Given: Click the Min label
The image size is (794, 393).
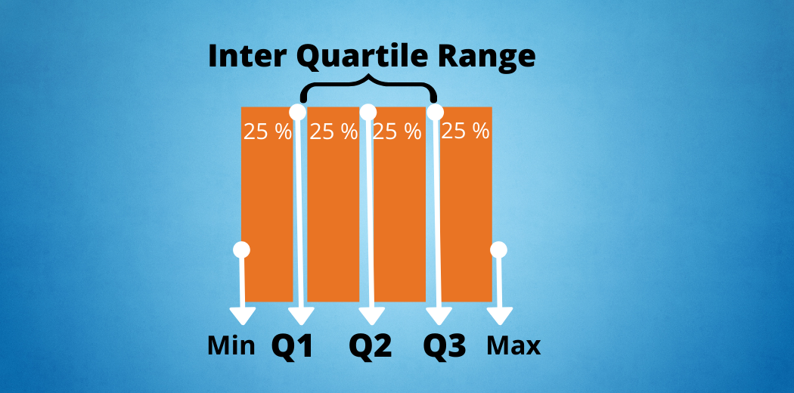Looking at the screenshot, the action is pyautogui.click(x=231, y=346).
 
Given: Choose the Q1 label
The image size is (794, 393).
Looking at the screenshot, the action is pyautogui.click(x=292, y=346).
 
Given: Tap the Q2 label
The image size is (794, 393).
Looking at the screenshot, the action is pyautogui.click(x=371, y=346).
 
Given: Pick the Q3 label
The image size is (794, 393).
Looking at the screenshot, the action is pyautogui.click(x=445, y=346).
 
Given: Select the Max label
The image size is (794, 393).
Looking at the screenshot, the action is pyautogui.click(x=513, y=346).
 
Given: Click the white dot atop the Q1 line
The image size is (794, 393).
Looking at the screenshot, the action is pyautogui.click(x=297, y=112).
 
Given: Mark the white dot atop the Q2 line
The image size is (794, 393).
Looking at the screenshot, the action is pyautogui.click(x=368, y=112).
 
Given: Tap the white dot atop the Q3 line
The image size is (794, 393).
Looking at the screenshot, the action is pyautogui.click(x=435, y=112).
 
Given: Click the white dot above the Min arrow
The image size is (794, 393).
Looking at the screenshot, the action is pyautogui.click(x=241, y=249).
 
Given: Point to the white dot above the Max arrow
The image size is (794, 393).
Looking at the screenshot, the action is pyautogui.click(x=499, y=249).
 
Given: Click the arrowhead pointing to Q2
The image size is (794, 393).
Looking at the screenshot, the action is pyautogui.click(x=372, y=316).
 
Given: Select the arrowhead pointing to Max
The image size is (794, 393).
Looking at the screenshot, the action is pyautogui.click(x=500, y=316).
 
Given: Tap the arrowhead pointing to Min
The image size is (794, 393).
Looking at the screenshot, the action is pyautogui.click(x=243, y=316).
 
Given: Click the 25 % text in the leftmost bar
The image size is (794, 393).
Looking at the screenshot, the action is pyautogui.click(x=268, y=132).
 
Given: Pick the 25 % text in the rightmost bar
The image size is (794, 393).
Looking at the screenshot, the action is pyautogui.click(x=465, y=132).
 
